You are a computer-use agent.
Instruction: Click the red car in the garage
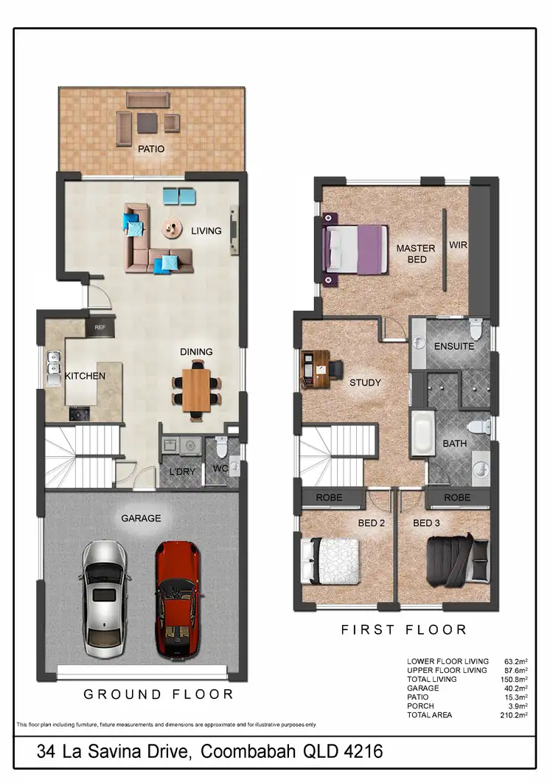coord(177,599)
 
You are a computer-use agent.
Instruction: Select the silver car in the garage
coord(107,599)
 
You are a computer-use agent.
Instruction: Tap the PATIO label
coord(150,148)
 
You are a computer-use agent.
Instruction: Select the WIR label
coord(459,244)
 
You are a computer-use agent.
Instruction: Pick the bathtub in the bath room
coord(422,435)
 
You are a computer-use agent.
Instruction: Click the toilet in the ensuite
coord(476,327)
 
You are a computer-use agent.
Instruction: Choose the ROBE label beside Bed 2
coord(329,497)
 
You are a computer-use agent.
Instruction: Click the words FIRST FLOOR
coord(403,629)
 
